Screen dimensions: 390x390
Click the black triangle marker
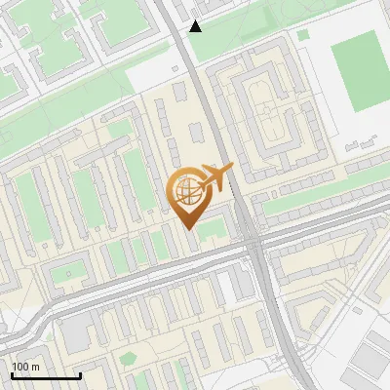[196, 26]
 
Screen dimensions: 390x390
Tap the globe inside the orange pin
[186, 190]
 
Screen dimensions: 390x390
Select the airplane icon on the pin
[214, 178]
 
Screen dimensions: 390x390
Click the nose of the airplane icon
[232, 168]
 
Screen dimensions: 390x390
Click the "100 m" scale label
[26, 366]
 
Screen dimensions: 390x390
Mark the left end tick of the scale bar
[12, 373]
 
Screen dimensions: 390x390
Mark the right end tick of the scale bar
[80, 373]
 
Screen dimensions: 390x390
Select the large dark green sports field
[359, 71]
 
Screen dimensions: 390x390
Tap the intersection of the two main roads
[255, 246]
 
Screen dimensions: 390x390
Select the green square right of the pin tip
[213, 228]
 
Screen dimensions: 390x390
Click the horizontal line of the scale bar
[46, 376]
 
